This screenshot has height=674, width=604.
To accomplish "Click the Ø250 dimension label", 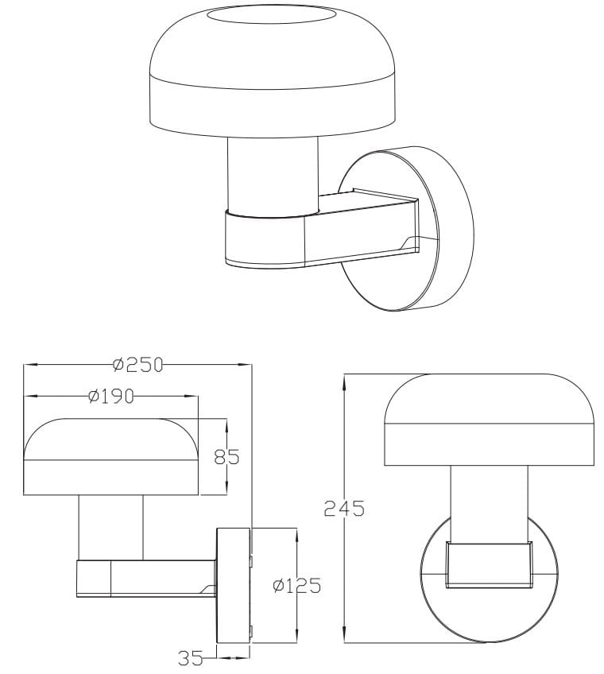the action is (x=138, y=365).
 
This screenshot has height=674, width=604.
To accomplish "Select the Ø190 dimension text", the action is (x=111, y=396).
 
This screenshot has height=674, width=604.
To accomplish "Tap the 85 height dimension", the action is (x=226, y=457).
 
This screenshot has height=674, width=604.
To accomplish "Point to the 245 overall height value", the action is (x=344, y=509).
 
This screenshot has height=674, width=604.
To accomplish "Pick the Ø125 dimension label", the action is (x=297, y=586).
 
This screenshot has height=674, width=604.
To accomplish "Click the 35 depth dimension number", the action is (x=190, y=657).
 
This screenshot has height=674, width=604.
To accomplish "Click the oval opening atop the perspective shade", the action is (x=271, y=17).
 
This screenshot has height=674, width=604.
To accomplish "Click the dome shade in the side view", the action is (x=111, y=456).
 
